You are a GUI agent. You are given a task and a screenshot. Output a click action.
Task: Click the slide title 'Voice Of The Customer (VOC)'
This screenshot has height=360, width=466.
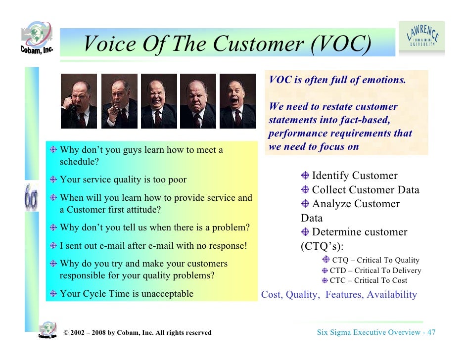coord(227,44)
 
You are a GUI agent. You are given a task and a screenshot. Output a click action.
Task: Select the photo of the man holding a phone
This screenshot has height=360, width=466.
coord(79,101)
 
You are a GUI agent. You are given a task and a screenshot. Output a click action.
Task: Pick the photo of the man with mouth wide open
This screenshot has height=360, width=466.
coord(237,101)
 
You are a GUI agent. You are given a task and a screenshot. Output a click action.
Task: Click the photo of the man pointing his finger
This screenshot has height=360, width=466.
coord(119,101)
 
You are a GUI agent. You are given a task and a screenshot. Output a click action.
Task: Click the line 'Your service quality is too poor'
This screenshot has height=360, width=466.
coord(123,180)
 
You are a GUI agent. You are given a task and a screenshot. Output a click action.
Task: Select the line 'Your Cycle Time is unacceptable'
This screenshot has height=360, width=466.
coord(126,294)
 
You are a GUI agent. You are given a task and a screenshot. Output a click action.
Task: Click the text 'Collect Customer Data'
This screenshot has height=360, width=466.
coord(365,190)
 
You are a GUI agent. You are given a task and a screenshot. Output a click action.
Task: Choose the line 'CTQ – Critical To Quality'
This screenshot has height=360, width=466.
coord(375,260)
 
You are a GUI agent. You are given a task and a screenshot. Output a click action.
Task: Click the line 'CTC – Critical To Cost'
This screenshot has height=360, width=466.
coord(369,280)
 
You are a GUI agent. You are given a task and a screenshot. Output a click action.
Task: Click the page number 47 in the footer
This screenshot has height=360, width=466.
coord(431,332)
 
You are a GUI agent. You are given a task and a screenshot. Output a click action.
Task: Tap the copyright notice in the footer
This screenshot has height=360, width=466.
coord(137,333)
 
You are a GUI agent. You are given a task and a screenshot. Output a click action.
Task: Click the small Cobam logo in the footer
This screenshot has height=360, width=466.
coord(47,330)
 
